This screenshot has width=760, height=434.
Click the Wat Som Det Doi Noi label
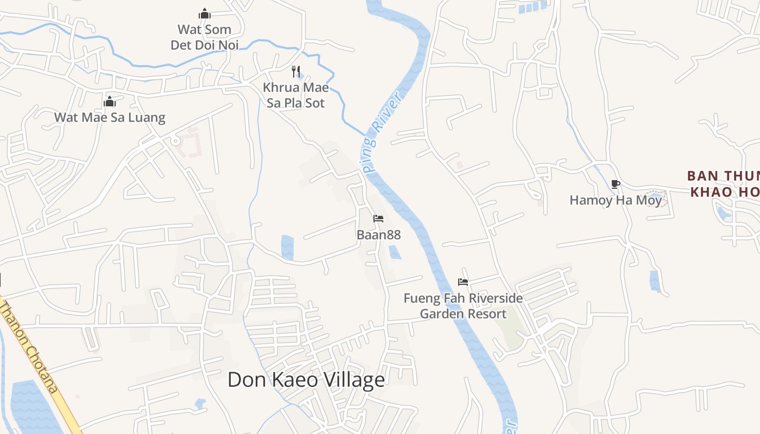coord(205,37)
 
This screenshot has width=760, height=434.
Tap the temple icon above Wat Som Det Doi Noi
coord(205,14)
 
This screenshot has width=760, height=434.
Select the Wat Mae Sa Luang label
coord(110,117)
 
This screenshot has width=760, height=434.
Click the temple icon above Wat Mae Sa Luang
coord(110,101)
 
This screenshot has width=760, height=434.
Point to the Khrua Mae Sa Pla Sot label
coord(296,95)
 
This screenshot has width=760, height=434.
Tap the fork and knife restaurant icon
coord(296,71)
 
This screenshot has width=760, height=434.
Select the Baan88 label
coord(378,235)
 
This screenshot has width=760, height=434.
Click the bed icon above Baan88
coord(378,219)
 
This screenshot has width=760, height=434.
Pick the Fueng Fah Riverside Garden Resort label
coord(463,306)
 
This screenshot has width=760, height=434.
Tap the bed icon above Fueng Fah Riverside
coord(463,282)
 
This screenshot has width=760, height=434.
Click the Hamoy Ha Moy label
coord(616,200)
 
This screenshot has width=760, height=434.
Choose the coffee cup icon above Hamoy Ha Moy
coord(615,184)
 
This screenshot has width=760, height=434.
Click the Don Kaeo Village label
coord(306,380)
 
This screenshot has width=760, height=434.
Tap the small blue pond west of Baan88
coord(287,247)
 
